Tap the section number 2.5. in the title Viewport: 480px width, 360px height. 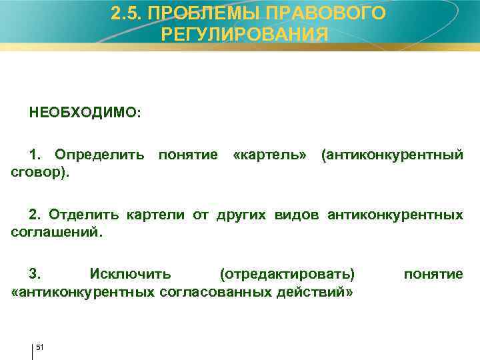pyautogui.click(x=125, y=14)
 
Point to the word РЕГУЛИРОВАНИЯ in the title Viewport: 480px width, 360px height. pyautogui.click(x=245, y=35)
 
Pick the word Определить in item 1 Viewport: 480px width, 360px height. pyautogui.click(x=99, y=155)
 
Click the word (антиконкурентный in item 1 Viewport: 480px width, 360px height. pyautogui.click(x=391, y=155)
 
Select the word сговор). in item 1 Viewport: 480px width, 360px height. pyautogui.click(x=40, y=172)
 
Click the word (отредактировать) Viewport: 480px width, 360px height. pyautogui.click(x=288, y=274)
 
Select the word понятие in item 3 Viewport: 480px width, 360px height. pyautogui.click(x=433, y=274)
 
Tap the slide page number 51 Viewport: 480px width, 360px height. pyautogui.click(x=39, y=347)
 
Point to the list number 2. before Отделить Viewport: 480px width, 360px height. pyautogui.click(x=35, y=215)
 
